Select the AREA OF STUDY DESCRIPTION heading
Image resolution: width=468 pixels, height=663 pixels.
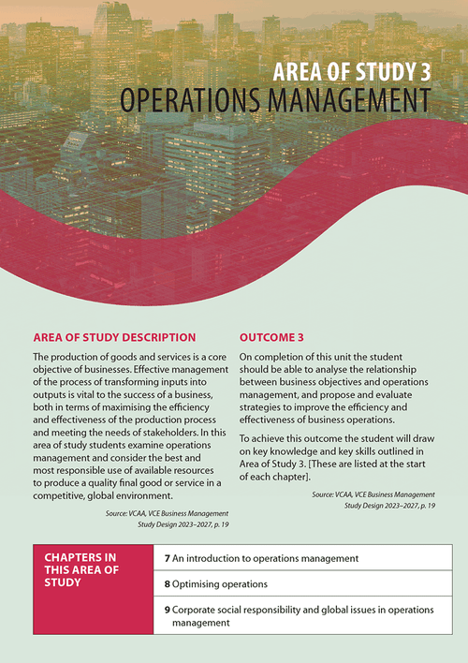tap(114, 337)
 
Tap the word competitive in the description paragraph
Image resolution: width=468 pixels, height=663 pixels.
tap(63, 495)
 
